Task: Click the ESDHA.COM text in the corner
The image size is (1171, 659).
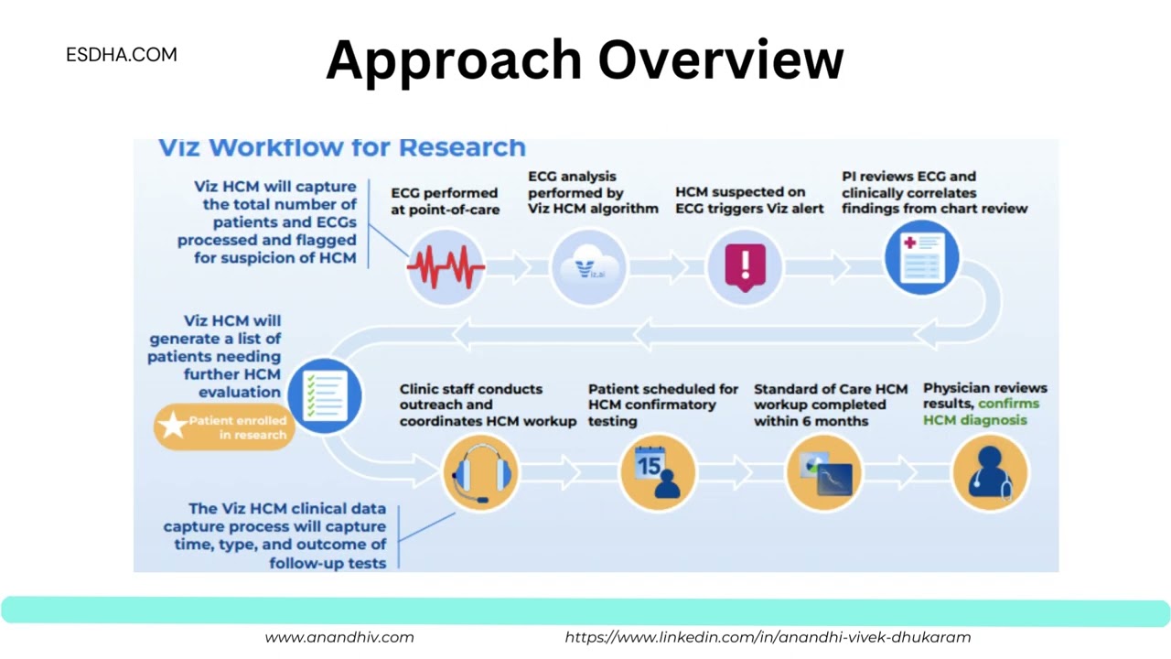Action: (122, 55)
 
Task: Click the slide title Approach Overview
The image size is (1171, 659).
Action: (585, 60)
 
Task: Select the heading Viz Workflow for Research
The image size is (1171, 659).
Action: (342, 147)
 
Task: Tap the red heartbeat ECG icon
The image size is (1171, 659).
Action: (446, 267)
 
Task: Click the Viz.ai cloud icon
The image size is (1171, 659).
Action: (589, 267)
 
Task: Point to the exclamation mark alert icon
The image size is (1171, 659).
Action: (745, 266)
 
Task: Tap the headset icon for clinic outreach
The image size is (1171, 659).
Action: (480, 472)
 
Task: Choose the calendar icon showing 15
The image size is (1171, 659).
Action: (657, 472)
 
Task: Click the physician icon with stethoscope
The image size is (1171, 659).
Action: (990, 472)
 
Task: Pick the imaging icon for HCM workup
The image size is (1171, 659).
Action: (824, 472)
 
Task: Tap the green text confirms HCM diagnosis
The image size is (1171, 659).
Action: (979, 412)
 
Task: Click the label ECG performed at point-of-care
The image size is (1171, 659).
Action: (445, 200)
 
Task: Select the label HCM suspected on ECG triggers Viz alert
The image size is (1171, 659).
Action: (748, 200)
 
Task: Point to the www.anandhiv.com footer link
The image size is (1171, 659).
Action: (339, 637)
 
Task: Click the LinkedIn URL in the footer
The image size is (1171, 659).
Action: (768, 637)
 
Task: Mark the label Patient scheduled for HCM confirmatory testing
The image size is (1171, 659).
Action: (662, 405)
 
